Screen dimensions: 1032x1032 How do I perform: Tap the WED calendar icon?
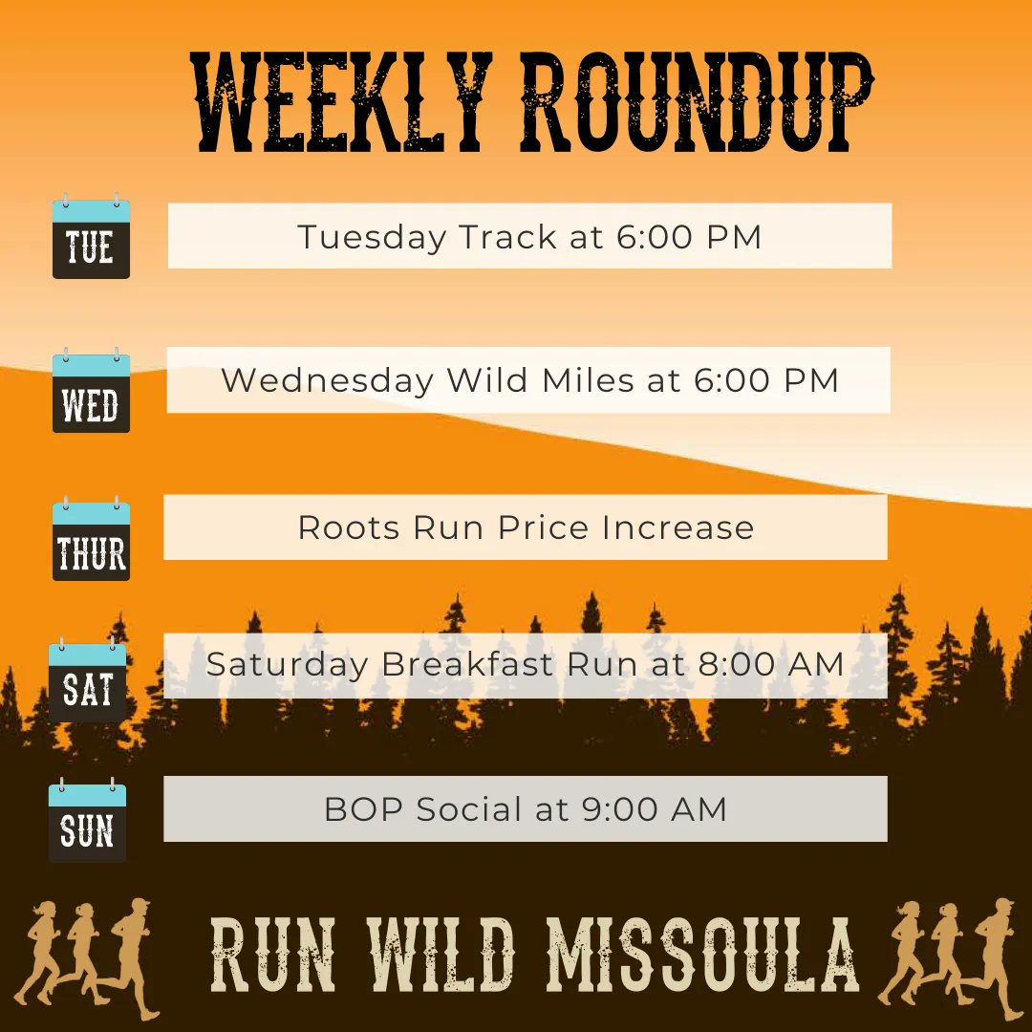click(91, 392)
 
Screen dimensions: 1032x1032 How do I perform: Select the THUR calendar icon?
click(91, 540)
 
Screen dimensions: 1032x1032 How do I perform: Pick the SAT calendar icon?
click(88, 682)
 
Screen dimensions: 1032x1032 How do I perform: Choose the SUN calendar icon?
click(88, 822)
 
